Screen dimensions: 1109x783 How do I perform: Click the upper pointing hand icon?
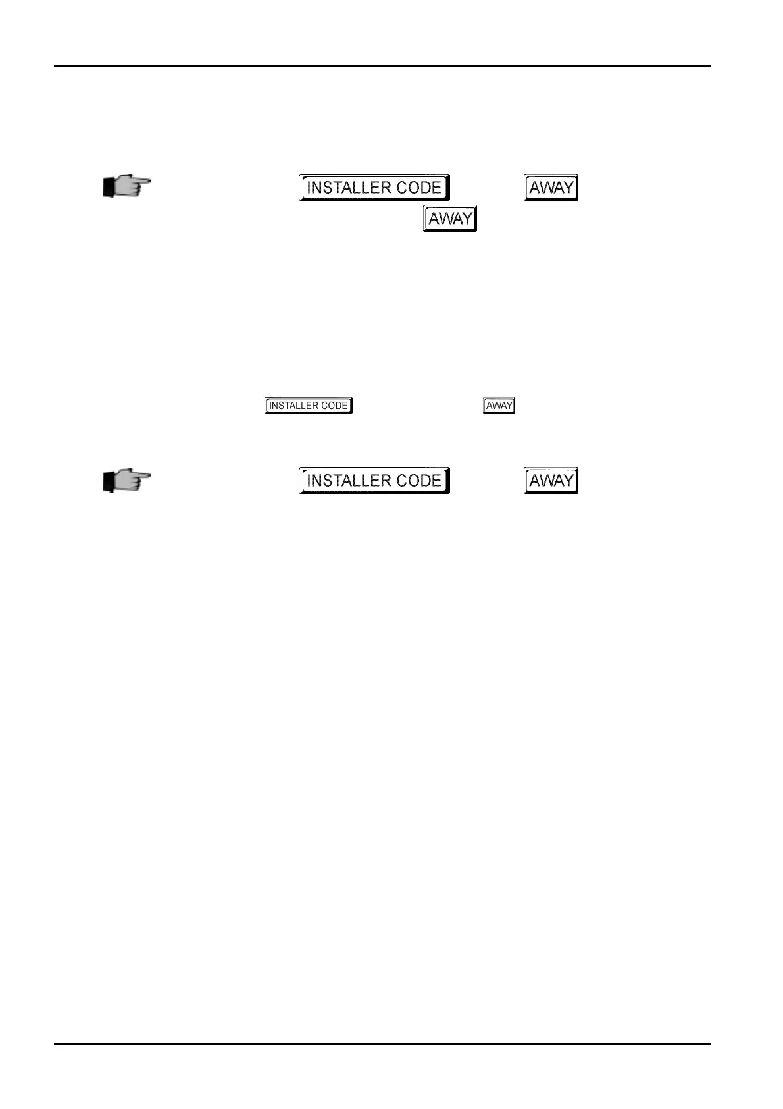tap(126, 187)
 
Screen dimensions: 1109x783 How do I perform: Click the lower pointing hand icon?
tap(126, 481)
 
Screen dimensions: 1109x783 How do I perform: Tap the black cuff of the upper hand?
tap(109, 188)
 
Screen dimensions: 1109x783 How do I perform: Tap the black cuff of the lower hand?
tap(109, 482)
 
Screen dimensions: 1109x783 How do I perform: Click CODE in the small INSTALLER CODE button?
tap(334, 406)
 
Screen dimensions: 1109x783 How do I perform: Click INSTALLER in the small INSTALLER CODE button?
tap(294, 406)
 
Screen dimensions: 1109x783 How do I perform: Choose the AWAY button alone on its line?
tap(450, 219)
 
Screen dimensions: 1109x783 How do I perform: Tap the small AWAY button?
tap(499, 406)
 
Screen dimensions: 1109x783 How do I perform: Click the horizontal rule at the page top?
tap(382, 65)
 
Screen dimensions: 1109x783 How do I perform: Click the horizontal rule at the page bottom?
tap(382, 1044)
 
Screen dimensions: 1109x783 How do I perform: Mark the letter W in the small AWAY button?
tap(499, 406)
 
